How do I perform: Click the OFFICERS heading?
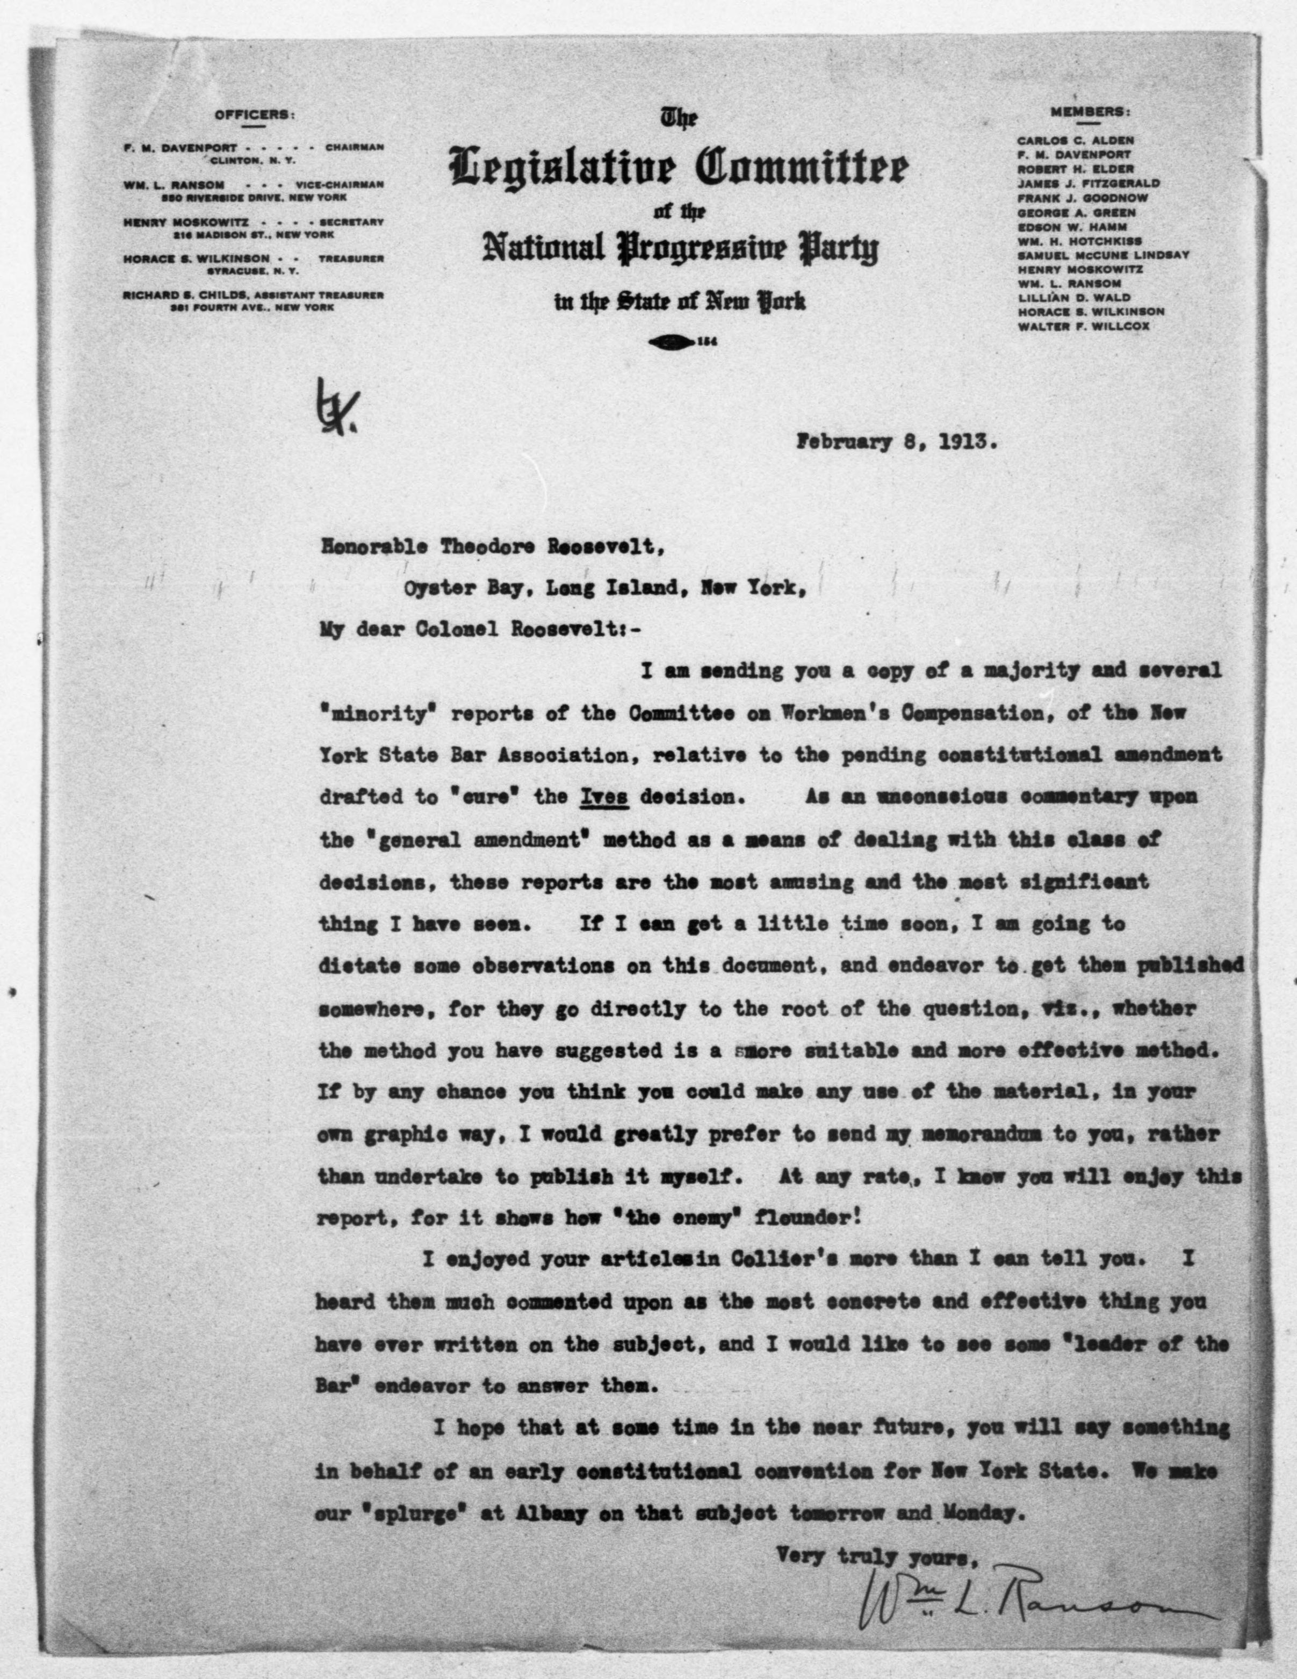(x=253, y=116)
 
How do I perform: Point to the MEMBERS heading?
(x=1090, y=111)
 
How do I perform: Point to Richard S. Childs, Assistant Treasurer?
(x=253, y=294)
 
